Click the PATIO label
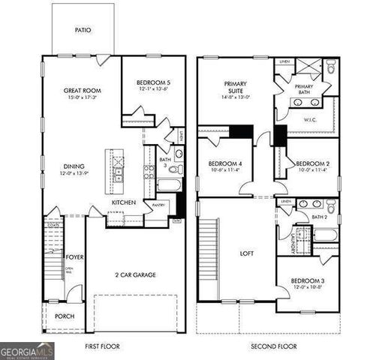83,31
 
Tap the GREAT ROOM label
83,90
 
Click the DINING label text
74,166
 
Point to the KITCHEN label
123,202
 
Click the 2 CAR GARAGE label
134,275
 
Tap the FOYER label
75,256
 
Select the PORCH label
65,316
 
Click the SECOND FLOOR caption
273,346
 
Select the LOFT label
246,253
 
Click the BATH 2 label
320,217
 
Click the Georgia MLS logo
27,350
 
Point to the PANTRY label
159,205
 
